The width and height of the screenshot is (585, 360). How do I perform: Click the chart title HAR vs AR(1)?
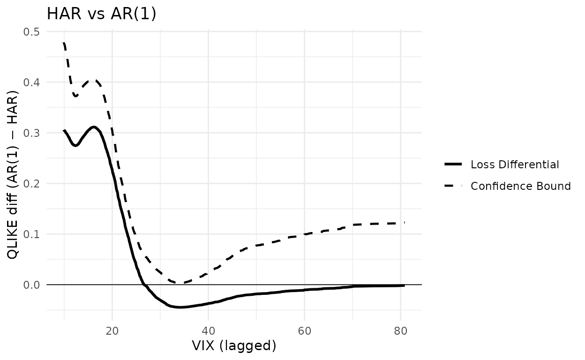[x=101, y=14]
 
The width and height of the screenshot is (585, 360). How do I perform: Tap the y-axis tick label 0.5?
[x=31, y=32]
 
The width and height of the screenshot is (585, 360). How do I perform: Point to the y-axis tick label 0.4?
[x=31, y=82]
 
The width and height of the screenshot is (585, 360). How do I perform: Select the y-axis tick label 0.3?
[x=31, y=133]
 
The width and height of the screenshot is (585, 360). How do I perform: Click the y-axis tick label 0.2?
[x=31, y=184]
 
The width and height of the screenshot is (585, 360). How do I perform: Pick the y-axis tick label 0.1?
[x=31, y=234]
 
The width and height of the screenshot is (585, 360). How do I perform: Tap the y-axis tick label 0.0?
[x=31, y=285]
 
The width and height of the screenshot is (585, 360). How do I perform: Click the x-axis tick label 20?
[x=112, y=331]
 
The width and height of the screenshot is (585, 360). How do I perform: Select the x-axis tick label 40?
[x=209, y=331]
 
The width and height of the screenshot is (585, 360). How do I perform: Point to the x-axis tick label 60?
[x=305, y=331]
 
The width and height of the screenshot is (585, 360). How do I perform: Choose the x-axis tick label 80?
[x=401, y=331]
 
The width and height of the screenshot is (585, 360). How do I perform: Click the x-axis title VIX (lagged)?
[x=234, y=346]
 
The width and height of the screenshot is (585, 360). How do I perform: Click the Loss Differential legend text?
[x=515, y=165]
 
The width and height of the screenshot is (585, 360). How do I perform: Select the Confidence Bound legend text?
[x=521, y=186]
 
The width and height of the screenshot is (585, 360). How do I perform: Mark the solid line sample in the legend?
[x=453, y=164]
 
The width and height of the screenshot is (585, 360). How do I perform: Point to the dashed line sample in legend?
[x=453, y=186]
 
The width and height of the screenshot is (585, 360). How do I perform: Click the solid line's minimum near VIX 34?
[x=180, y=307]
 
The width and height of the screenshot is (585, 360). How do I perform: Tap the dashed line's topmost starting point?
[x=64, y=43]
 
